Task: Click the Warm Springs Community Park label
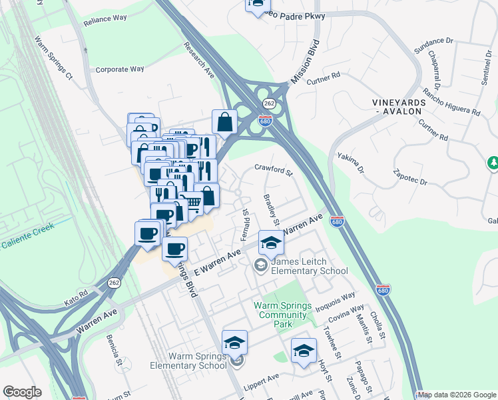pyautogui.click(x=283, y=315)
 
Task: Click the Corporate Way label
pyautogui.click(x=120, y=69)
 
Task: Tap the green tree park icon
pyautogui.click(x=493, y=162)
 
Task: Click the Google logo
pyautogui.click(x=22, y=392)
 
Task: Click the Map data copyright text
pyautogui.click(x=457, y=395)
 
